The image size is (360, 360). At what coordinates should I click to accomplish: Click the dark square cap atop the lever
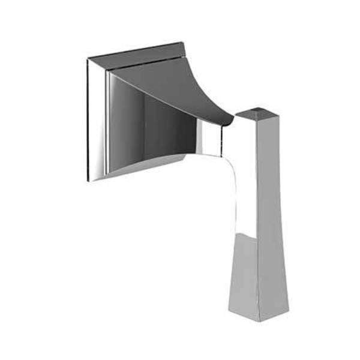pyautogui.click(x=259, y=112)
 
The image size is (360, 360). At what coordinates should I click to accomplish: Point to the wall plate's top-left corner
pyautogui.click(x=88, y=59)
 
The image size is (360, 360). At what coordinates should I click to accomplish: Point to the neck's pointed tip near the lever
pyautogui.click(x=232, y=123)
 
